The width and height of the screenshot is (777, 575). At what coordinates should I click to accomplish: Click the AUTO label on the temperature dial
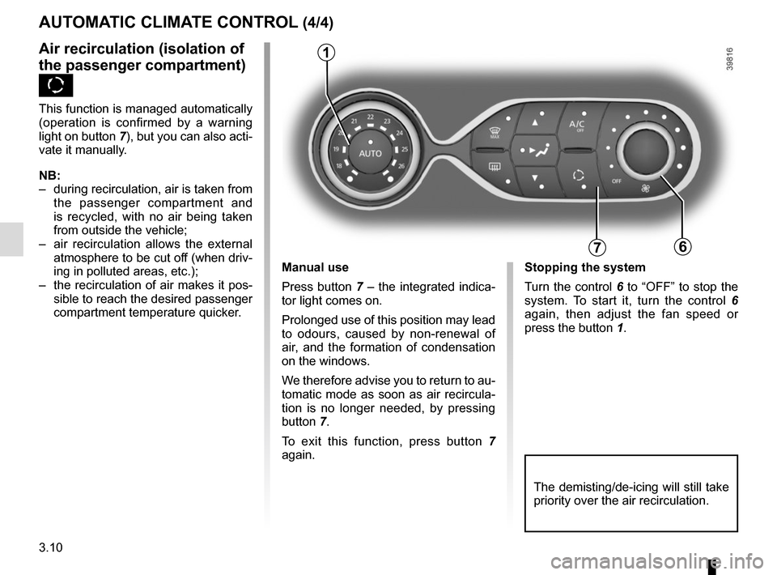point(370,153)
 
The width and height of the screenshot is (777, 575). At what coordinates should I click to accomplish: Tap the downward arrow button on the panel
point(534,177)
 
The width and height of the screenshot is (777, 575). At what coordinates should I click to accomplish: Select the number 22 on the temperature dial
point(371,117)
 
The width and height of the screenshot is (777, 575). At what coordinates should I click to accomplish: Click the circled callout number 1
point(325,53)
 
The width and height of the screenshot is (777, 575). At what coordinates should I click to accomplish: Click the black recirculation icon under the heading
point(55,85)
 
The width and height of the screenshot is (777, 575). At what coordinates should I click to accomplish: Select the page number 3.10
point(50,552)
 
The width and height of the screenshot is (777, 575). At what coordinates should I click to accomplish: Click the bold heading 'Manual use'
point(315,267)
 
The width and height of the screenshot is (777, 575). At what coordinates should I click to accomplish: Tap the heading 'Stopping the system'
point(584,267)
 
